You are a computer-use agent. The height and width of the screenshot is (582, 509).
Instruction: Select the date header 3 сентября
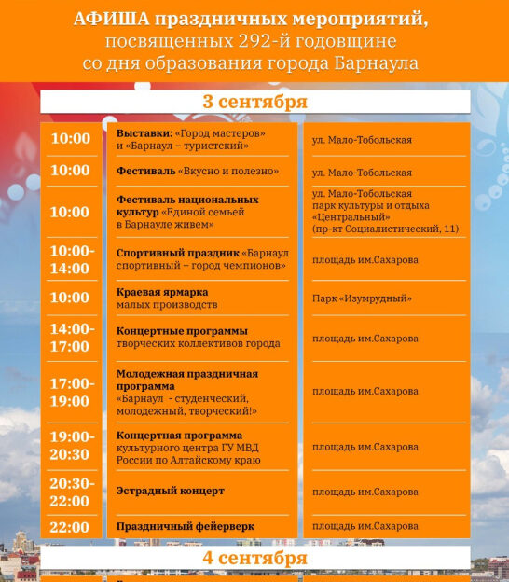click(x=254, y=102)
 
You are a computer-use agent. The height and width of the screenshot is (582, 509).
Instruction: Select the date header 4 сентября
click(x=254, y=558)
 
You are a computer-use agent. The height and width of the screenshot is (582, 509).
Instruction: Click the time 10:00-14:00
click(x=71, y=259)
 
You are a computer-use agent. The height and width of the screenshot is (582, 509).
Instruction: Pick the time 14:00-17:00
click(x=71, y=338)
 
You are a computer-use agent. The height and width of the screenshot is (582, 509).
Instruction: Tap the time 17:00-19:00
click(x=71, y=392)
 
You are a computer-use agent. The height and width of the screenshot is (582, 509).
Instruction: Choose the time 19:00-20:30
click(x=71, y=445)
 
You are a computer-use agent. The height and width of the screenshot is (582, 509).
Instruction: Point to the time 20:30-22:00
click(x=71, y=492)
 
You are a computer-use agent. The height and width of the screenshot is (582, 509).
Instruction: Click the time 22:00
click(x=71, y=527)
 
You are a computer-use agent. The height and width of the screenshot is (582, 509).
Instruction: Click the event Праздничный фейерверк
click(x=185, y=527)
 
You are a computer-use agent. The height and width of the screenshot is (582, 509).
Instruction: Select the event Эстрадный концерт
click(x=171, y=491)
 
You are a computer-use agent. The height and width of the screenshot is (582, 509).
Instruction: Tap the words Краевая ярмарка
click(x=162, y=292)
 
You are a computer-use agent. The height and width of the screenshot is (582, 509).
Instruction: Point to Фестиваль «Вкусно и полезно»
click(x=198, y=172)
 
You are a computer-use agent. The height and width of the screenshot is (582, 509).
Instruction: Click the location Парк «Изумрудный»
click(x=362, y=298)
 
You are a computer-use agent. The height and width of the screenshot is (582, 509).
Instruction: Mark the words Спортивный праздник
click(x=177, y=253)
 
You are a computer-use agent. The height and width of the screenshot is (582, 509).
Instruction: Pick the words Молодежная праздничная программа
click(x=186, y=380)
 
